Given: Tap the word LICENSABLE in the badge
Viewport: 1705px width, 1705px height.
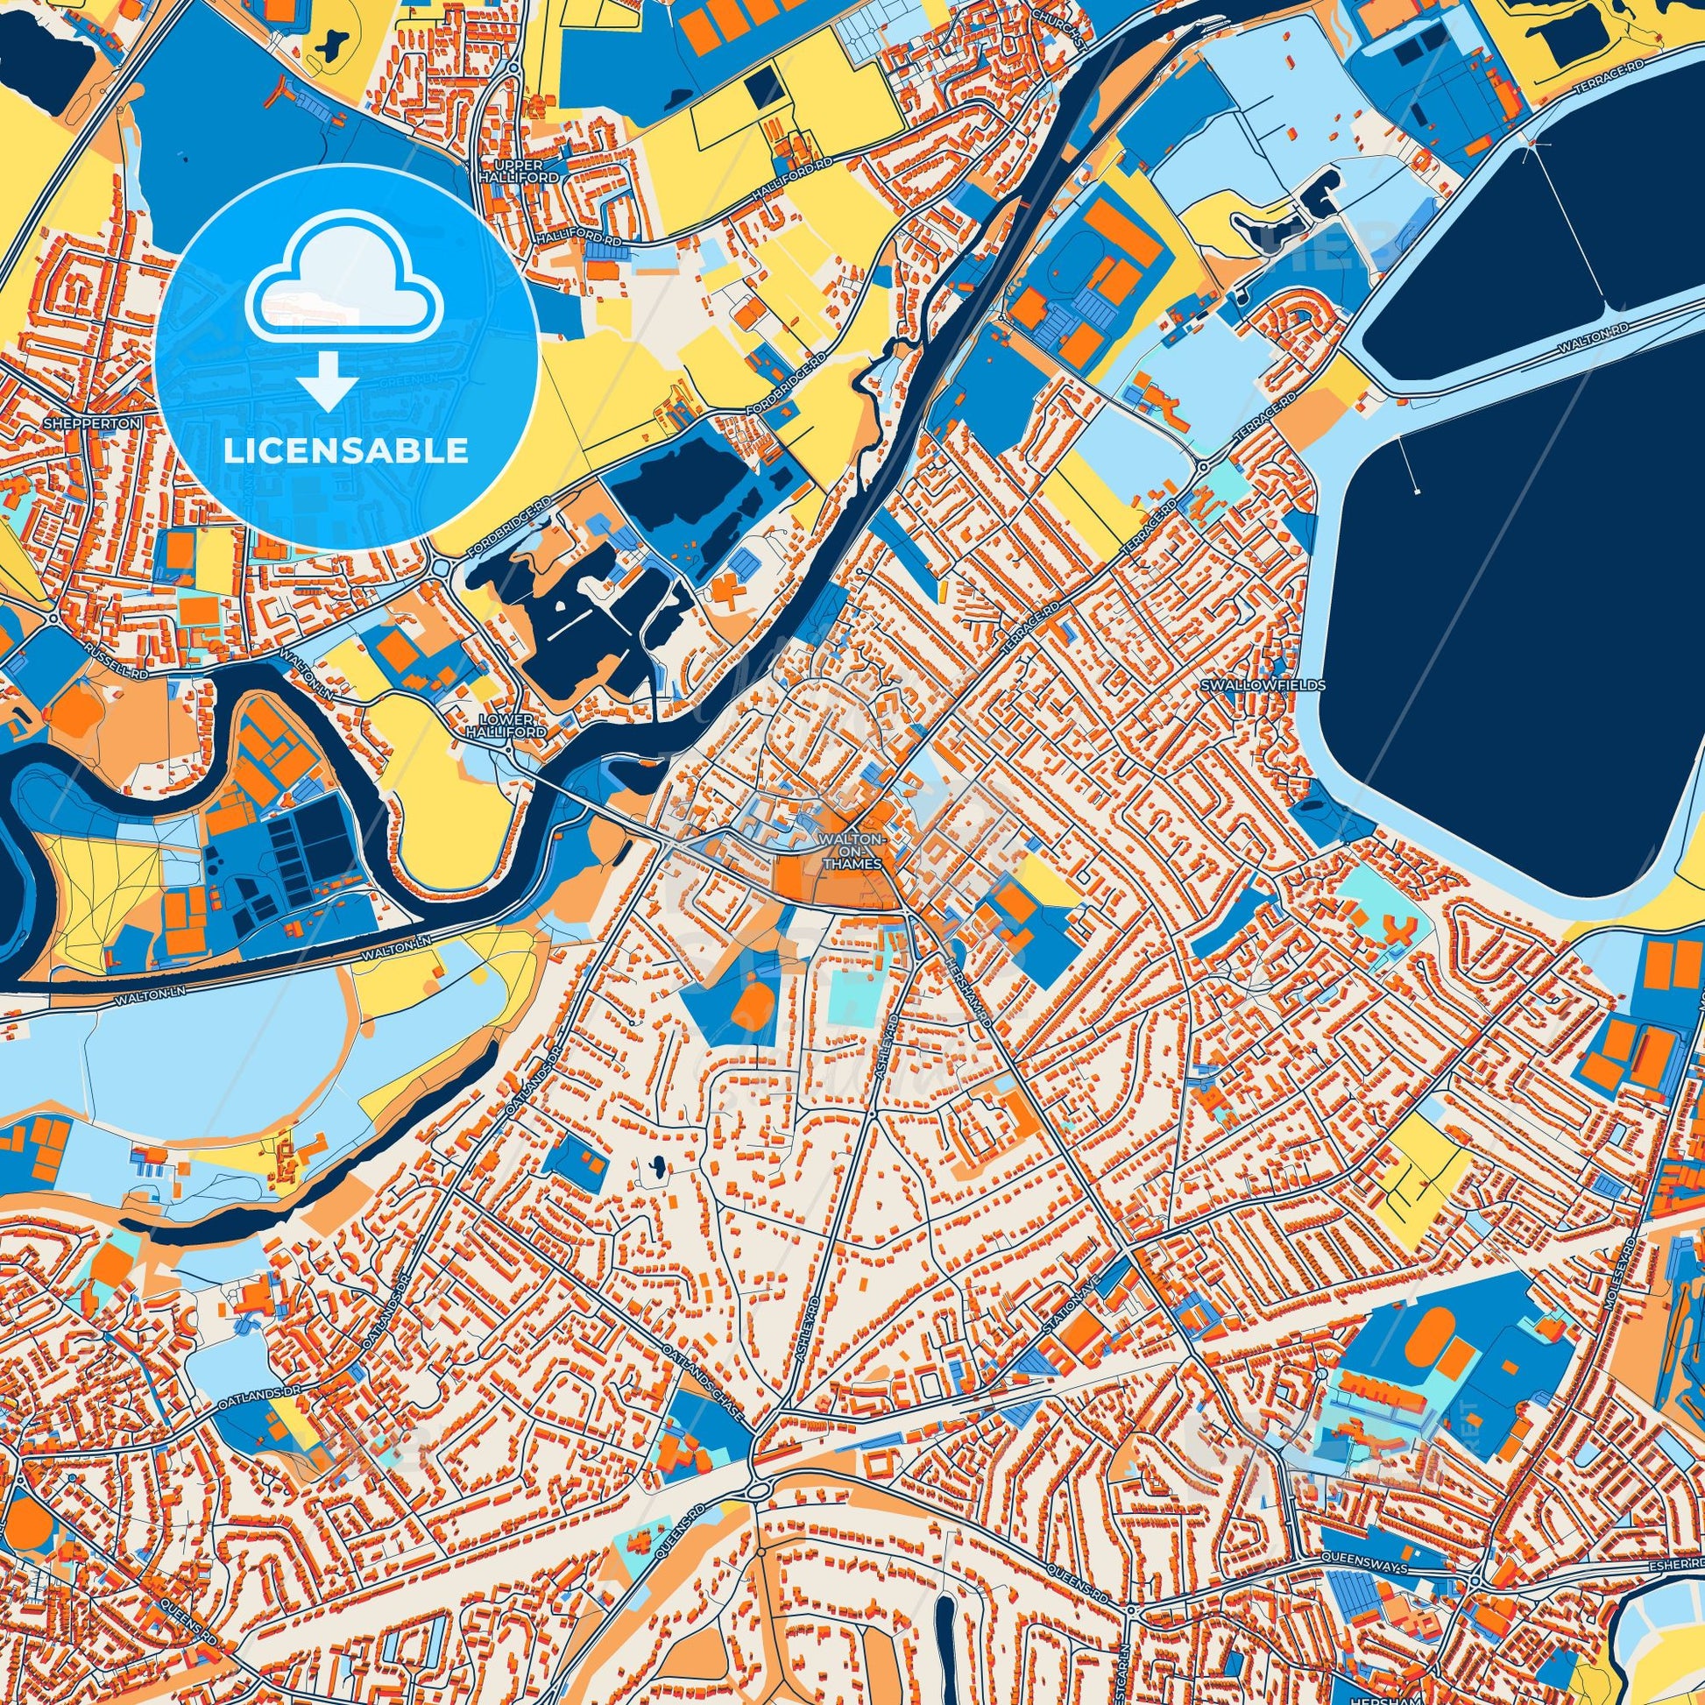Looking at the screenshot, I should (x=345, y=452).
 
